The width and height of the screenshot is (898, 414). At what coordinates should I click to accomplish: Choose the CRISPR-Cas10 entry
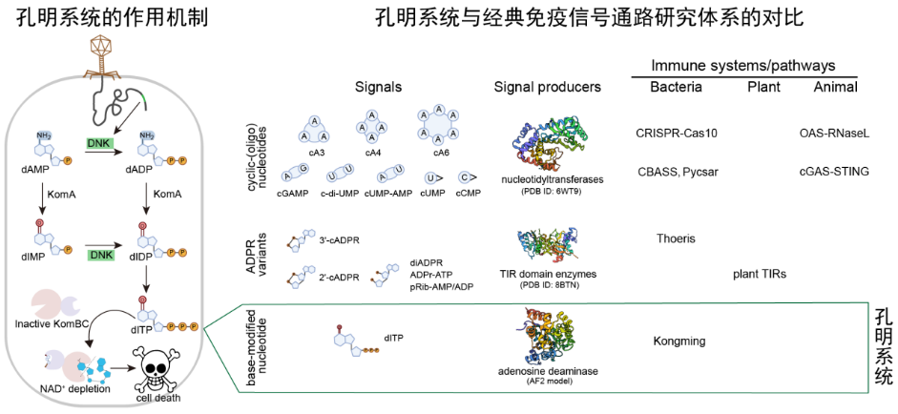pos(677,133)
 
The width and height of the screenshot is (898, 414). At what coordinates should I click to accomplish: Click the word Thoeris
pos(677,238)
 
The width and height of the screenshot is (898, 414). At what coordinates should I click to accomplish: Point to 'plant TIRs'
pos(760,274)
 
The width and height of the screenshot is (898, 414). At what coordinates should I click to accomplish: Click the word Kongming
pos(679,341)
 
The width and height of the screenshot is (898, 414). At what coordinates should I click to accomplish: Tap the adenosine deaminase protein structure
pos(547,333)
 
